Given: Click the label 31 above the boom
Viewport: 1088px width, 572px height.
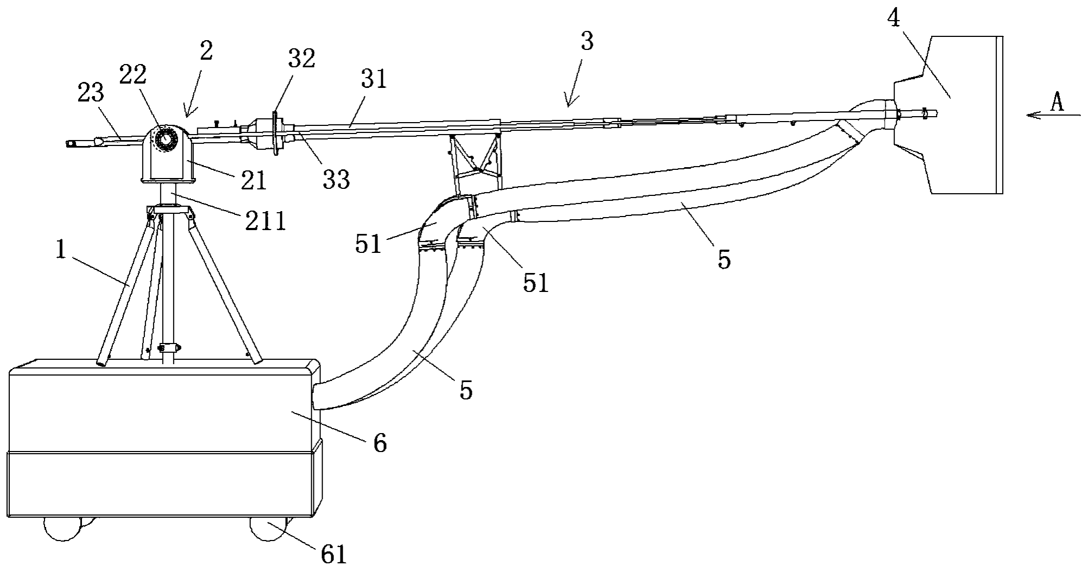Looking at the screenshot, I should click(374, 79).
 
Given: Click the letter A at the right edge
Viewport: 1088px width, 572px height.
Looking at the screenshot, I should click(1057, 103).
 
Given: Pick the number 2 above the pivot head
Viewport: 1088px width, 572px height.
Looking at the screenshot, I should click(206, 51).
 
